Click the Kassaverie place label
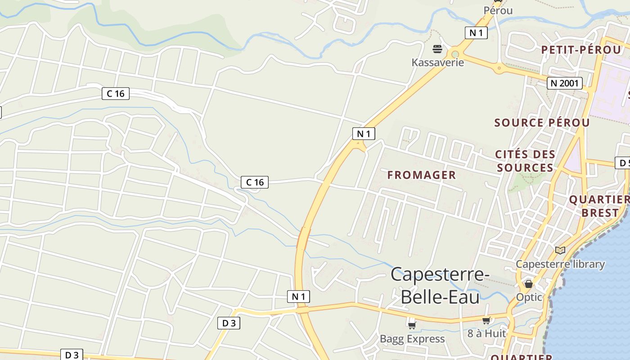(437, 62)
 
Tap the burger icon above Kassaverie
(437, 49)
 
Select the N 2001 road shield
(565, 83)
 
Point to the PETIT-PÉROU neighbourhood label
(581, 49)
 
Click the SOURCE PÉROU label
(542, 122)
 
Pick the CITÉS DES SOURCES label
(525, 161)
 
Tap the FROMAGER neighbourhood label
(422, 175)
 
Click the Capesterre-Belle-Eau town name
(437, 285)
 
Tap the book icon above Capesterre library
(560, 250)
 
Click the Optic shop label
(529, 297)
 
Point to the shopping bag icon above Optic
(529, 284)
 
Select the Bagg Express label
(412, 338)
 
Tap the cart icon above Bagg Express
(412, 325)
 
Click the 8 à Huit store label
(486, 333)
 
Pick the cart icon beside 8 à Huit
(486, 320)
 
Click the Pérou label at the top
(498, 10)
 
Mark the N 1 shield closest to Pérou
(476, 32)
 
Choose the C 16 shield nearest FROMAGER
(255, 182)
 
